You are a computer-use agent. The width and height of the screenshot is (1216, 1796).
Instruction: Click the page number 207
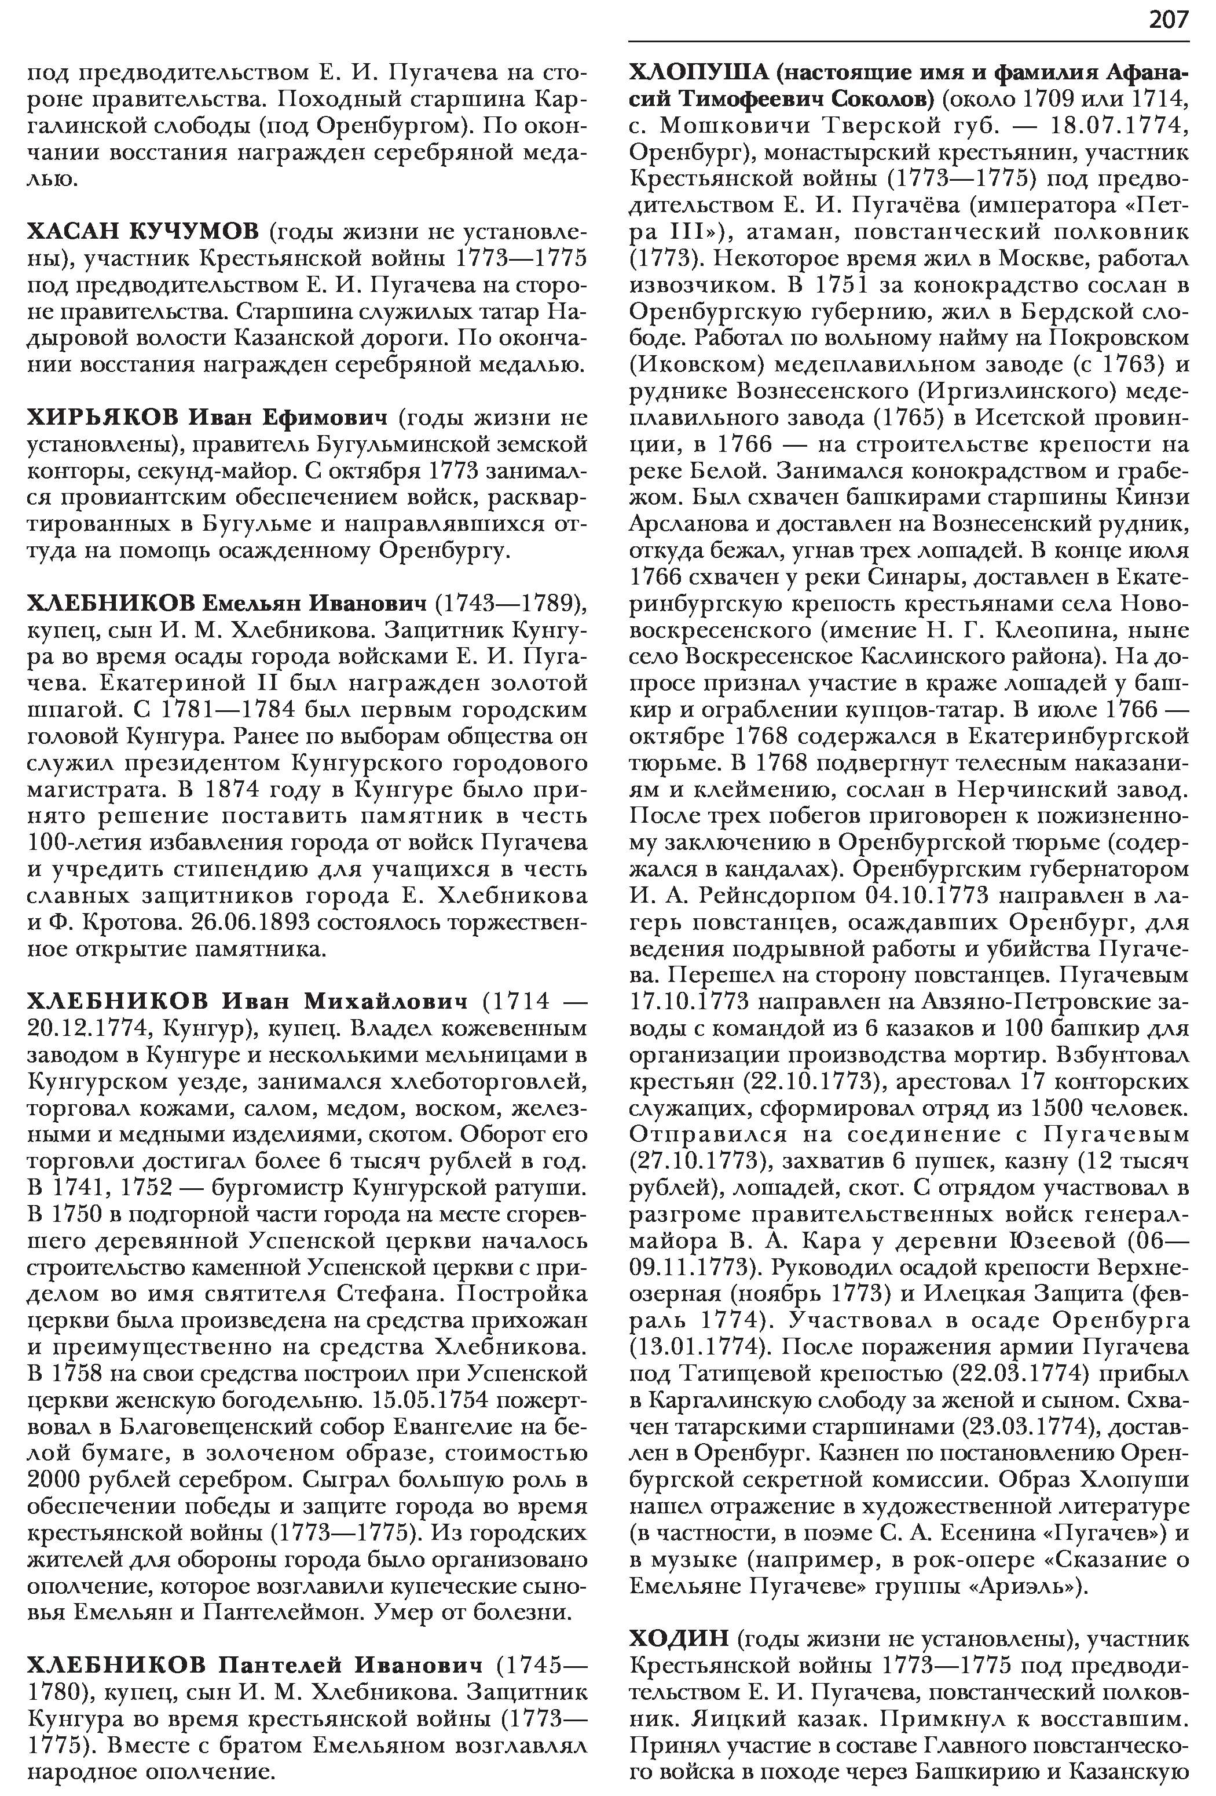pos(1168,20)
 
